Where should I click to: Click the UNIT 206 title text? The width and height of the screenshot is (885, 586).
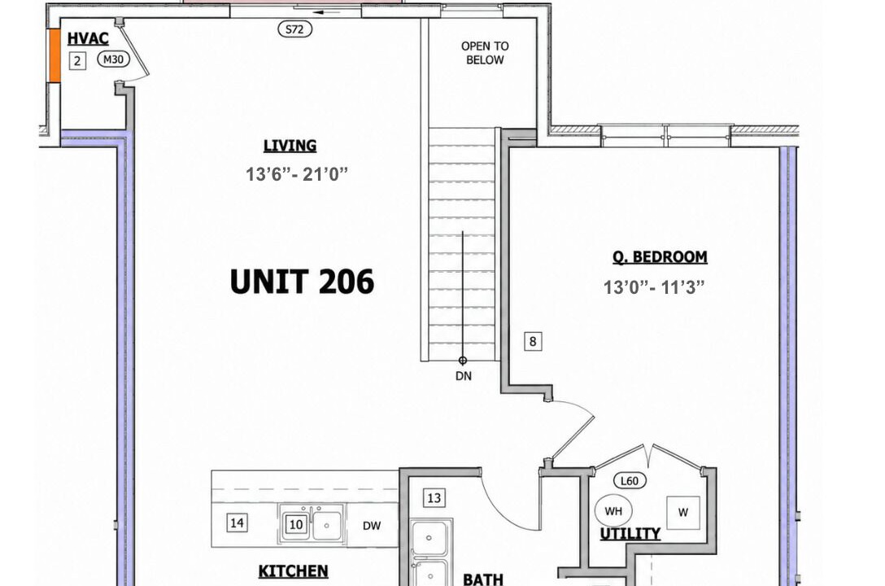[302, 282]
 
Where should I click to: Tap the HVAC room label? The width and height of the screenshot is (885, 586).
[88, 38]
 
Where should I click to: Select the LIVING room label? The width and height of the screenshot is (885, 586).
[290, 146]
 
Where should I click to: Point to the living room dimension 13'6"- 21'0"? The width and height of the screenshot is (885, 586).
[297, 174]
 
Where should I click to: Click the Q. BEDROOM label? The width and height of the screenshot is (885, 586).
[660, 257]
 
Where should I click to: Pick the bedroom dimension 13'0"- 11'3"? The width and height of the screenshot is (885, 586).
[654, 287]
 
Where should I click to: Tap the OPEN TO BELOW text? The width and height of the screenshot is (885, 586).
[485, 53]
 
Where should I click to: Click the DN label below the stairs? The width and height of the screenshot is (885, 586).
[464, 376]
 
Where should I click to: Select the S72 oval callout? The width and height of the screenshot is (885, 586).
[295, 29]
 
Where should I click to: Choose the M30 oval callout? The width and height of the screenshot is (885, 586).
[113, 59]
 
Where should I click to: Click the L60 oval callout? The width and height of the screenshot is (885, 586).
[630, 481]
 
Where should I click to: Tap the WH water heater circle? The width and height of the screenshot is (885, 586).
[613, 511]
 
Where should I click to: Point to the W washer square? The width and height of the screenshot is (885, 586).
[683, 513]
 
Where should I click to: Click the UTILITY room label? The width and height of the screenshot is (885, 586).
[630, 533]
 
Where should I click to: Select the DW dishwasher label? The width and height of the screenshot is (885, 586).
[372, 526]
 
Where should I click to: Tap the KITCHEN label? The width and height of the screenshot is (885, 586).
[293, 571]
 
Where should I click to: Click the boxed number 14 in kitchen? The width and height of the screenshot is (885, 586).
[237, 523]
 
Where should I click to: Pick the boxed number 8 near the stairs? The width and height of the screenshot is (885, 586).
[532, 342]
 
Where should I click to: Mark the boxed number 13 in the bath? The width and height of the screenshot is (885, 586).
[434, 498]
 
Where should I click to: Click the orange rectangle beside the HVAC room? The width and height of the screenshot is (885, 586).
[54, 55]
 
